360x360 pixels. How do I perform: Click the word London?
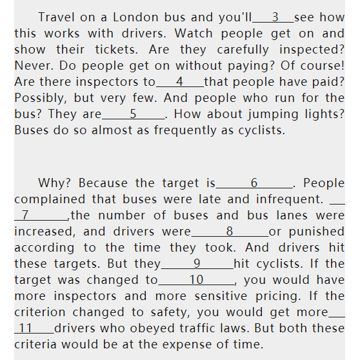(x=135, y=17)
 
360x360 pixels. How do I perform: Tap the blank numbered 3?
(x=273, y=17)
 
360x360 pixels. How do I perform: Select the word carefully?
(x=243, y=50)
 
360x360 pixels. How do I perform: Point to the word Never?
(x=34, y=66)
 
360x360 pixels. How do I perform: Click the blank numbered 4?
(x=180, y=82)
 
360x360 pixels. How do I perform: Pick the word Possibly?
(x=41, y=98)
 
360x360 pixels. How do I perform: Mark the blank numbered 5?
(x=134, y=114)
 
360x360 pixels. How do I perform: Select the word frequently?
(x=185, y=130)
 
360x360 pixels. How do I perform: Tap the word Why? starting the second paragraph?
(x=54, y=183)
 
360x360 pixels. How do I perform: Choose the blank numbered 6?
(x=254, y=183)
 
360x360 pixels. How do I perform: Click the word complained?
(x=50, y=199)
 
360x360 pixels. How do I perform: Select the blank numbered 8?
(x=230, y=232)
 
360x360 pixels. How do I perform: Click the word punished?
(x=317, y=232)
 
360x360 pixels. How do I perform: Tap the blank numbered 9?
(x=197, y=264)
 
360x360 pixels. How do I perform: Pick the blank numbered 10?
(x=197, y=280)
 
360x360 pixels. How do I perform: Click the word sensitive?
(x=221, y=296)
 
